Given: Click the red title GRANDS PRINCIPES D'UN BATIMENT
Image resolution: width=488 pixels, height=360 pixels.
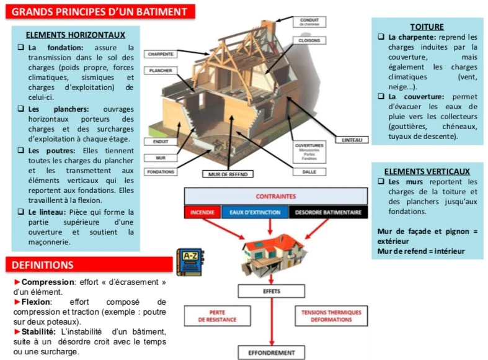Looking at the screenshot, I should coord(100,12).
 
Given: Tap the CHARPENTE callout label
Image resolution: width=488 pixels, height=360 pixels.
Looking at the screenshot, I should coord(161,55).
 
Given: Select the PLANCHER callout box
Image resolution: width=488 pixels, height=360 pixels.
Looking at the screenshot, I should coord(161,71).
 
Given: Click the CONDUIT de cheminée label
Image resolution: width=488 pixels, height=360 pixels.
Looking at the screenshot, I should coord(309,21).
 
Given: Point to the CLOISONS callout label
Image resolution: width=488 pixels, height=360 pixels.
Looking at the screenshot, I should coord(309,40).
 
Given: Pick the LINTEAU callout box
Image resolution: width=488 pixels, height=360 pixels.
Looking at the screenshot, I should coord(351,140).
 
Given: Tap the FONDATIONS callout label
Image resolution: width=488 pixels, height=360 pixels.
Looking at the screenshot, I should coord(161,172).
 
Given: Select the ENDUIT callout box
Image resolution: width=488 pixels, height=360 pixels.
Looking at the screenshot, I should coord(161,142).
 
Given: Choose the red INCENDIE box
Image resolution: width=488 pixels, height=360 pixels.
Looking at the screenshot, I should coord(202,212).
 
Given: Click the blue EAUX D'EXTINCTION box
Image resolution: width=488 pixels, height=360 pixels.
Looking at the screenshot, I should coord(254,212).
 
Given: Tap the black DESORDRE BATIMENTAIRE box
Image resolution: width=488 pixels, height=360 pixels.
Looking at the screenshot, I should coord(328,212).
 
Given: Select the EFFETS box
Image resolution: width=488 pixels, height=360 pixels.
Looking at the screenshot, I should coord(272,291).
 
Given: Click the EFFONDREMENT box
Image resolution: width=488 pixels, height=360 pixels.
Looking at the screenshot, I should coord(272,353).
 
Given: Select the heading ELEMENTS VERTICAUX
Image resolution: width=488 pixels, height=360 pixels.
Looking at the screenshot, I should coord(427,171).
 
